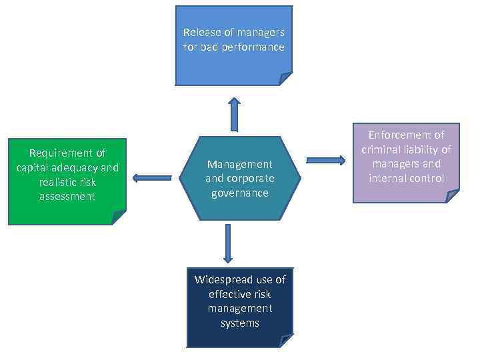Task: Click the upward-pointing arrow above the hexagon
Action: point(234,114)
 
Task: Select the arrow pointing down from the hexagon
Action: point(228,243)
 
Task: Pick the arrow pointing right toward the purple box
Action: point(325,160)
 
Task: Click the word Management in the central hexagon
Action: point(240,164)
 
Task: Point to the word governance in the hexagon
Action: point(240,193)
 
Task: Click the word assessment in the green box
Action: point(67,197)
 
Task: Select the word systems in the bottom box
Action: point(240,323)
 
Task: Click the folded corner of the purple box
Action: point(453,196)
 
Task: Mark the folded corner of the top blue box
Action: point(285,79)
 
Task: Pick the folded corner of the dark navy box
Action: point(287,341)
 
